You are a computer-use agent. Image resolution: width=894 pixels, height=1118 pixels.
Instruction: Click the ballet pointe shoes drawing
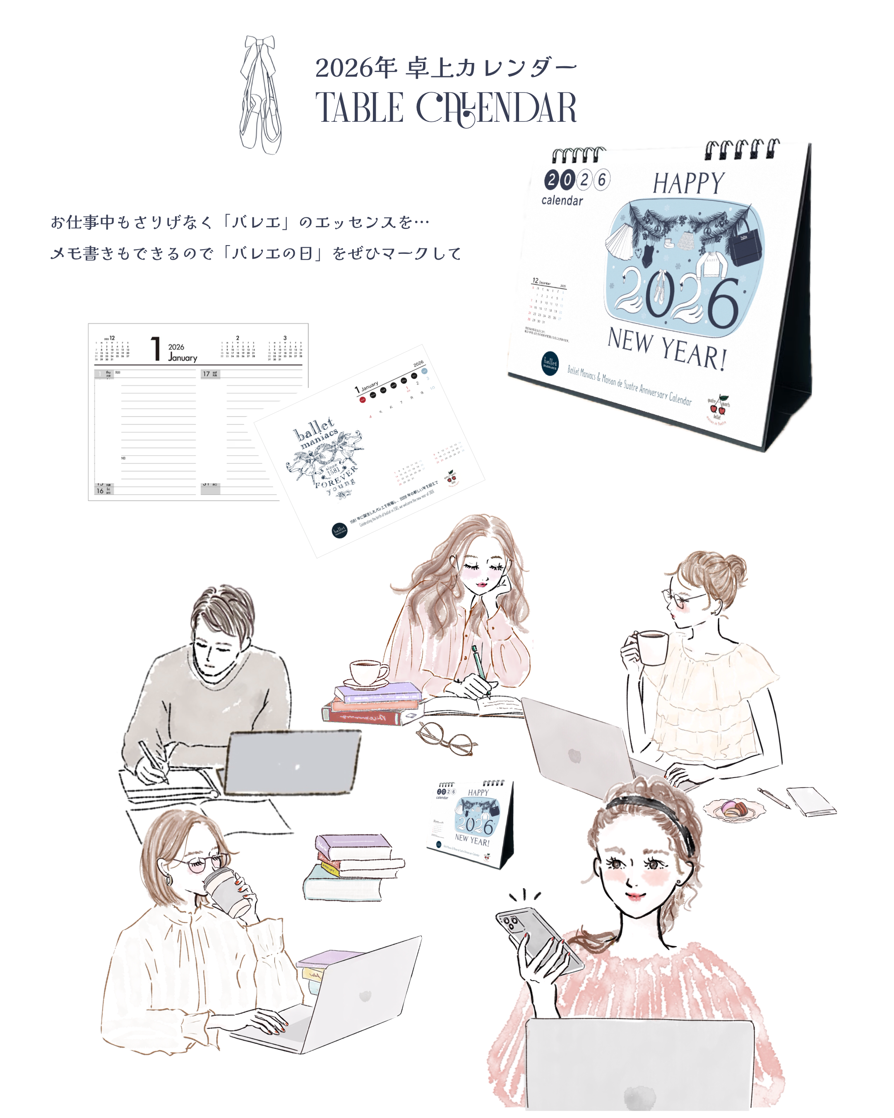261,96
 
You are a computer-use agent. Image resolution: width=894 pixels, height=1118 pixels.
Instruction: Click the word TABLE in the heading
359,108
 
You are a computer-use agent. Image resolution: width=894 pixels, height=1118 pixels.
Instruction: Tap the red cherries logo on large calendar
718,409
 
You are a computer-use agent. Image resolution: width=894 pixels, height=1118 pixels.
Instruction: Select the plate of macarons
734,809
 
